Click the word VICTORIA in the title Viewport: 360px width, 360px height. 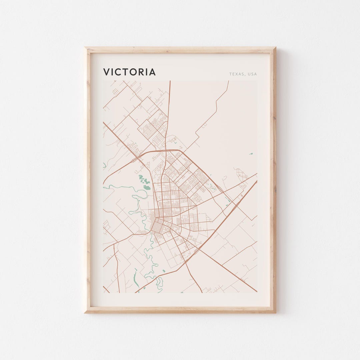[x=129, y=72]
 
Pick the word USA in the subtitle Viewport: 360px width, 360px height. [x=252, y=74]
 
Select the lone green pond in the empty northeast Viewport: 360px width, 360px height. [x=251, y=154]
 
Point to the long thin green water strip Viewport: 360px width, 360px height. [x=136, y=279]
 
